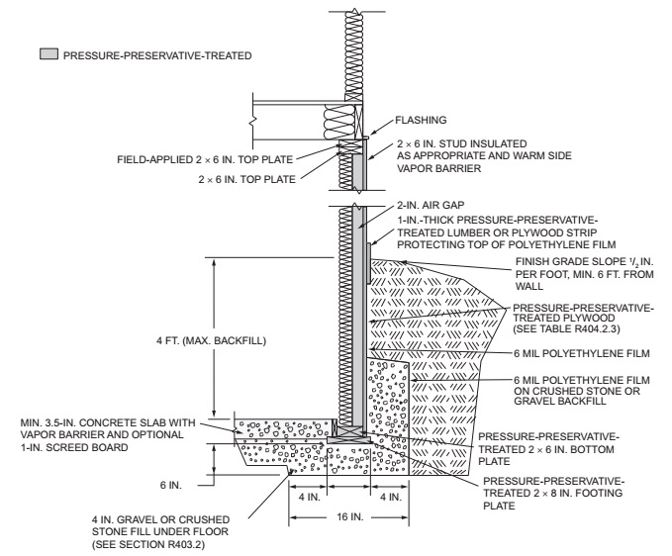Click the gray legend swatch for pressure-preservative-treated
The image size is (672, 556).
point(48,55)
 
